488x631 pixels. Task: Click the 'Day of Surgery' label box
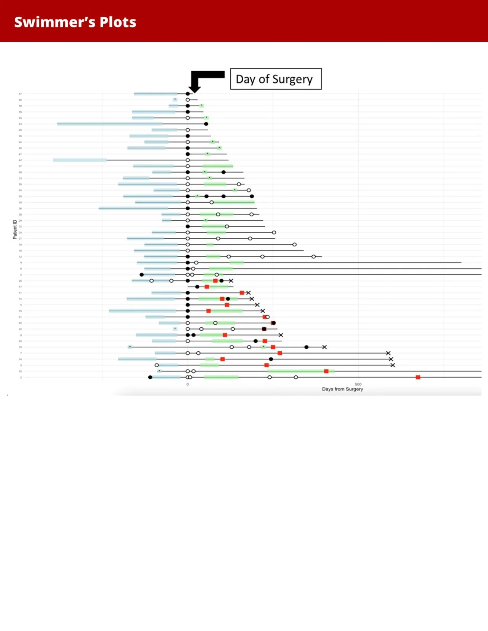tap(276, 79)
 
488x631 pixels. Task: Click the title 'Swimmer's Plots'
tap(75, 22)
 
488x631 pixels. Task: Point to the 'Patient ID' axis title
tap(15, 229)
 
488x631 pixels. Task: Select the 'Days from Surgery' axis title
tap(342, 389)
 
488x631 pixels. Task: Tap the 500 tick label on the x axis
tap(358, 384)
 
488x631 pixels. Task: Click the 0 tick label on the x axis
tap(188, 384)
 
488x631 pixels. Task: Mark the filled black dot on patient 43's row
tap(206, 124)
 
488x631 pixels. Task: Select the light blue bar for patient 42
tap(80, 160)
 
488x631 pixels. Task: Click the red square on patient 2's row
tap(418, 377)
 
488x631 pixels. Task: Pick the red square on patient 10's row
tap(326, 371)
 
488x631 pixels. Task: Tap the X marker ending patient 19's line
tap(324, 347)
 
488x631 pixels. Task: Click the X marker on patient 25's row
tap(231, 281)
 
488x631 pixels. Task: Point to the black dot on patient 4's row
tap(142, 275)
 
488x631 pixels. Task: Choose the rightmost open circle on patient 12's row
tap(313, 257)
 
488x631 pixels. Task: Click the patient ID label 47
tap(20, 94)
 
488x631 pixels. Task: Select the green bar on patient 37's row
tap(217, 166)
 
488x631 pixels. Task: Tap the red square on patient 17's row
tap(207, 287)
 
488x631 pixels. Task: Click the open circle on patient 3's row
tap(157, 365)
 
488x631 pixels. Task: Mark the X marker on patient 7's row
tap(388, 353)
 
